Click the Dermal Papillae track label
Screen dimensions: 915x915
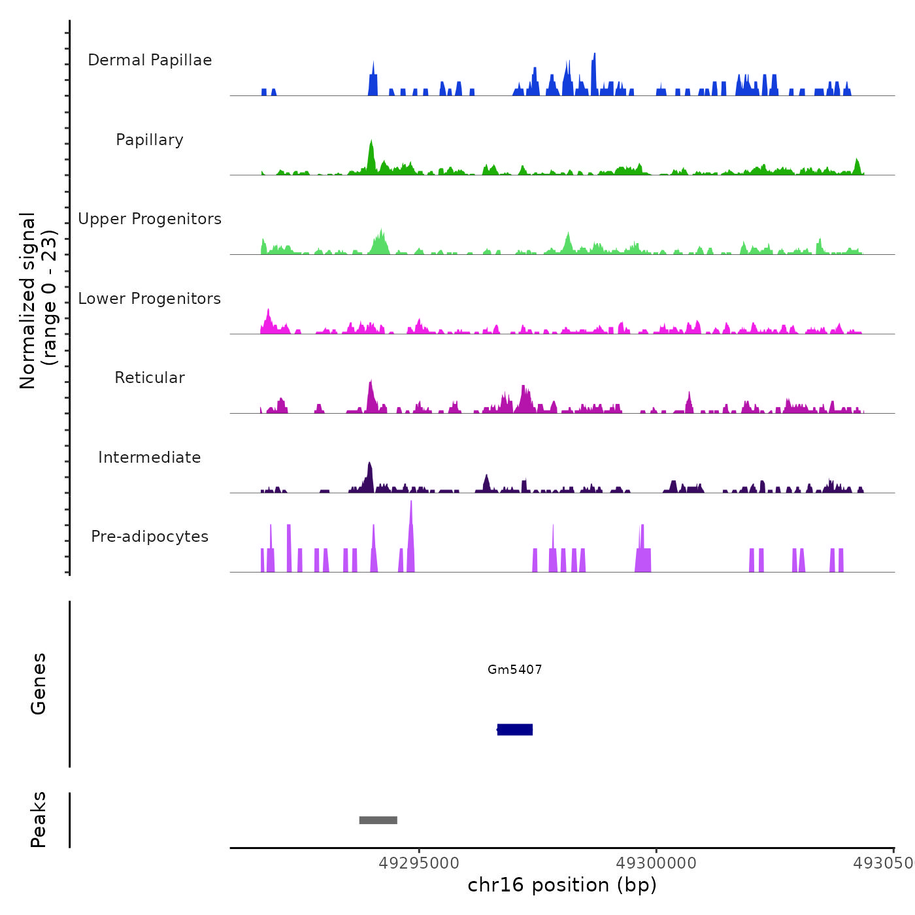[x=150, y=60]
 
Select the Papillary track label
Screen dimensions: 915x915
[x=150, y=140]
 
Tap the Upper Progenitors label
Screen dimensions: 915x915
[x=150, y=219]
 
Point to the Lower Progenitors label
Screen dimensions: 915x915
[x=150, y=299]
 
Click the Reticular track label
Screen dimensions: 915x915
[x=150, y=378]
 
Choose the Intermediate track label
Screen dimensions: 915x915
[x=150, y=457]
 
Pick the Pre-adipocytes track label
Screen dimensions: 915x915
[x=150, y=537]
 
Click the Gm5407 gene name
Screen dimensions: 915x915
[x=514, y=669]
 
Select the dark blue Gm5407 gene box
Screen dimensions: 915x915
[x=515, y=729]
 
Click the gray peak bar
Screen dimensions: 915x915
[x=378, y=820]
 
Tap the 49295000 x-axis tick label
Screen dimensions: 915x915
[x=419, y=863]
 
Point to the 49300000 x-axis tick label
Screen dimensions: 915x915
[x=656, y=863]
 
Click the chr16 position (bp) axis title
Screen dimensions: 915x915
[x=562, y=885]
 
